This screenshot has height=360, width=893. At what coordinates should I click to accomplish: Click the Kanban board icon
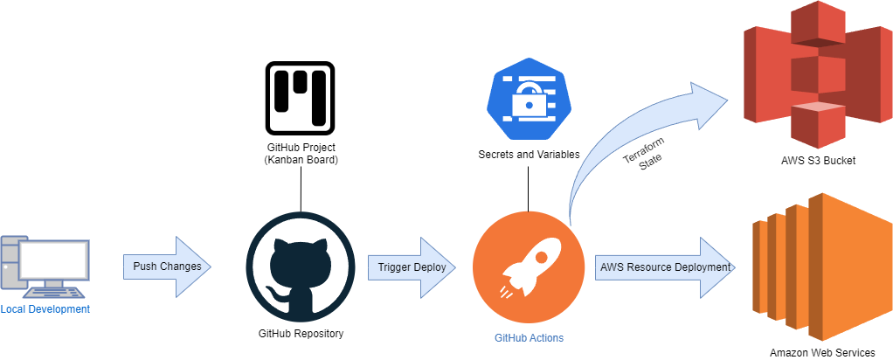(x=301, y=96)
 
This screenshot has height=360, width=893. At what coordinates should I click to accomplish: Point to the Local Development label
(x=45, y=309)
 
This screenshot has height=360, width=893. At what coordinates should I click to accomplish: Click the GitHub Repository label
(x=301, y=333)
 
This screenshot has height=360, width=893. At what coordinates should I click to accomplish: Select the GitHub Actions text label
(x=529, y=337)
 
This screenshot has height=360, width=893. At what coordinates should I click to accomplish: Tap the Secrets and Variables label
(x=528, y=155)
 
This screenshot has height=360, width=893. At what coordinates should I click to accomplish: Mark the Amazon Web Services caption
(x=821, y=352)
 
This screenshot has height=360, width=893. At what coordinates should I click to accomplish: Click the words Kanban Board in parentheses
(x=301, y=161)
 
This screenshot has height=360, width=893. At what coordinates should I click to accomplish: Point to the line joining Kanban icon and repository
(x=301, y=190)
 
